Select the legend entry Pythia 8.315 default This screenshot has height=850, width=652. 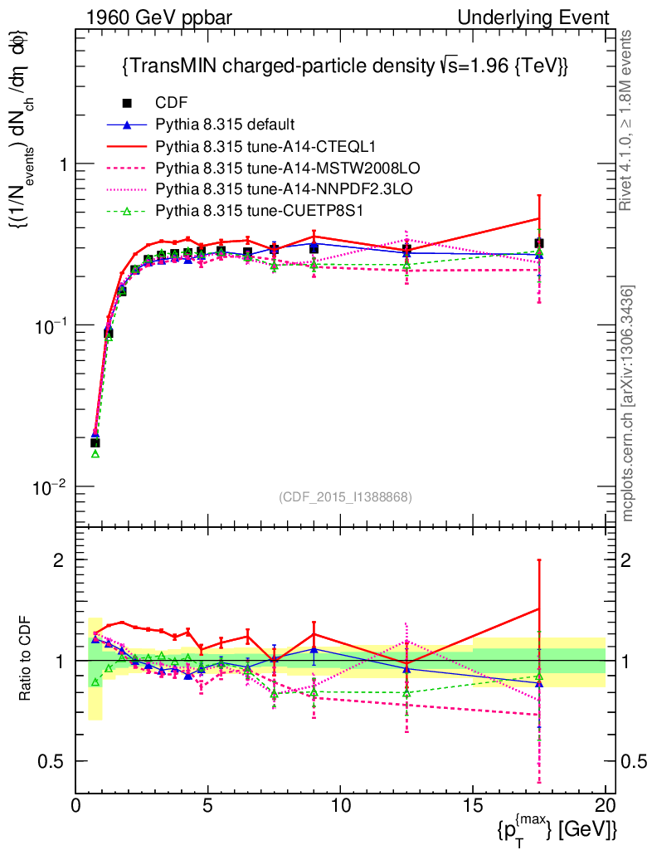pyautogui.click(x=225, y=125)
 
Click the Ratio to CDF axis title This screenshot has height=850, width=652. pyautogui.click(x=27, y=660)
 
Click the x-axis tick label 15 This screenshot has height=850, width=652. pyautogui.click(x=473, y=805)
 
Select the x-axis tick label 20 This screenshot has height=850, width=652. pyautogui.click(x=605, y=805)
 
